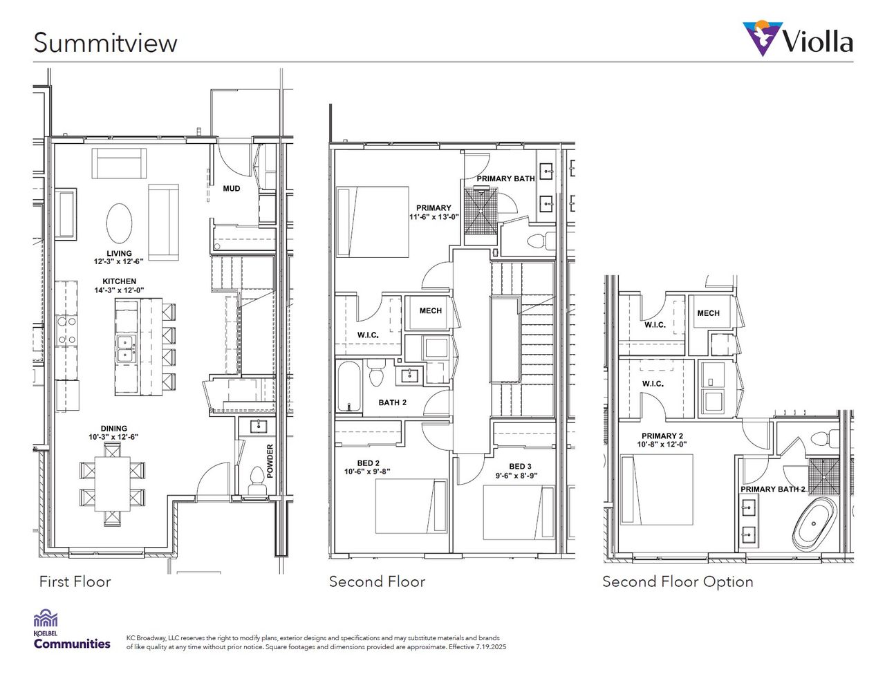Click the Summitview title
(x=105, y=43)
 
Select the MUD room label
(x=232, y=188)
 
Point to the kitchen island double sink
(x=126, y=348)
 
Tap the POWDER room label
(x=270, y=460)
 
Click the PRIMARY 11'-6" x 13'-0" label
(x=434, y=212)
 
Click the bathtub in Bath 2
(x=348, y=387)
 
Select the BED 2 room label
(x=368, y=467)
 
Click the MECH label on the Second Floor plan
(x=430, y=311)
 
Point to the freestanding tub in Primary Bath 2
(x=814, y=525)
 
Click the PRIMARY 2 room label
(x=662, y=440)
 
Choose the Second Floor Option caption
(x=678, y=582)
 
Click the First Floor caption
(x=75, y=582)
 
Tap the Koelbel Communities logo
(x=71, y=630)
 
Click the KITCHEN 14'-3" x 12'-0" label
(x=119, y=286)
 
